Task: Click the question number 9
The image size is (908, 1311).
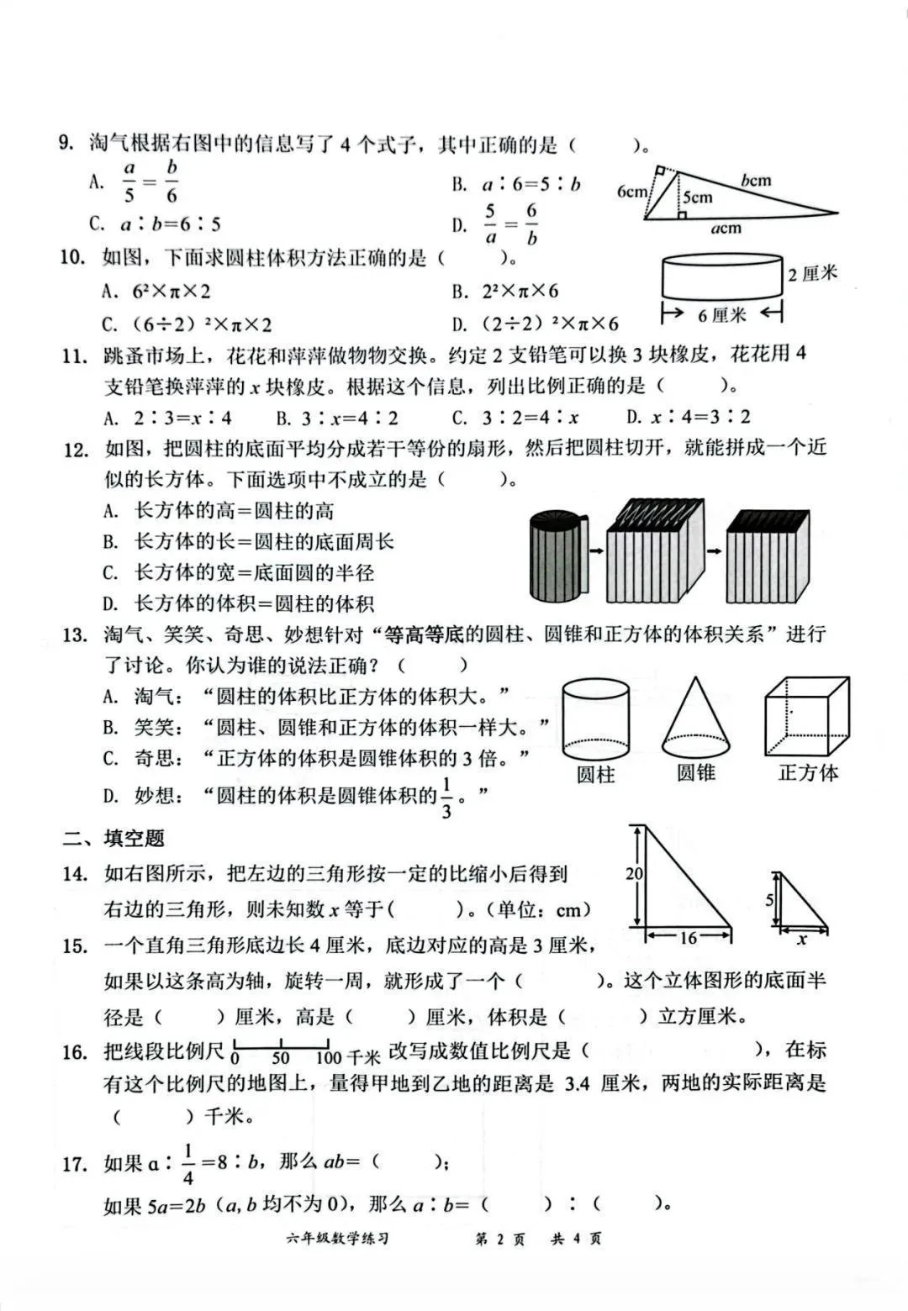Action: point(66,144)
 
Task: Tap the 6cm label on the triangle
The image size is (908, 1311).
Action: point(631,191)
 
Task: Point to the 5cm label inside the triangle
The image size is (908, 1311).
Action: point(697,197)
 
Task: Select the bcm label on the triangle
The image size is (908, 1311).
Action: point(756,180)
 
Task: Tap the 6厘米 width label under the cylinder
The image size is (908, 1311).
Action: point(721,315)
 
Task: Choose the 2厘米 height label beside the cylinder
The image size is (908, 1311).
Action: point(812,274)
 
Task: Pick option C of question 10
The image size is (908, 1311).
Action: point(187,324)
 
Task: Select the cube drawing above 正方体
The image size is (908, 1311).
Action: point(806,717)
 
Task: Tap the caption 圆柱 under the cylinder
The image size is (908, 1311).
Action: point(595,774)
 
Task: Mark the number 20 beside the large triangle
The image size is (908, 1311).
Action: point(634,874)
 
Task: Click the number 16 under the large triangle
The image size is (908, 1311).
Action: point(689,937)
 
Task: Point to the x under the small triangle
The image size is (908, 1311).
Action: point(802,940)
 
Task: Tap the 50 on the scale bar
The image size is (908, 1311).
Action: point(280,1058)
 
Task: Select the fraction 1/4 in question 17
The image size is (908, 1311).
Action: point(187,1164)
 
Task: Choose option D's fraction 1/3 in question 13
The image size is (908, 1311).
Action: point(446,798)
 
